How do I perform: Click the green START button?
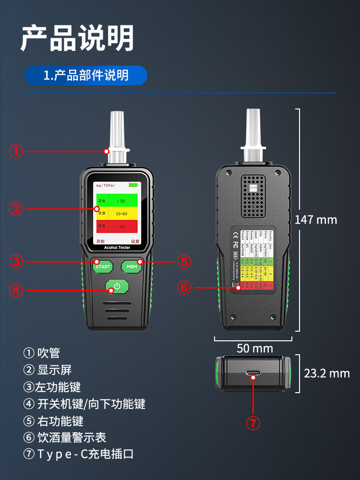click(x=102, y=266)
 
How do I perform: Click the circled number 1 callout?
click(x=16, y=151)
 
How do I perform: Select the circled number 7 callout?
click(x=253, y=423)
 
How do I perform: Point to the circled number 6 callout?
click(x=184, y=288)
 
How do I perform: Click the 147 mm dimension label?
click(x=316, y=220)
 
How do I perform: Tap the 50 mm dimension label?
click(x=254, y=348)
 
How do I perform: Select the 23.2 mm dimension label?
click(x=327, y=373)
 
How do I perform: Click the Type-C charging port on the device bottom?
click(x=253, y=373)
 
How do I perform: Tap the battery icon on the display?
click(x=132, y=185)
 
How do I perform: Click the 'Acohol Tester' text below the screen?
click(x=117, y=248)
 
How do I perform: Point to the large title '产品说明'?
click(x=77, y=38)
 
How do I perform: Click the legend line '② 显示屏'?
click(x=48, y=370)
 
